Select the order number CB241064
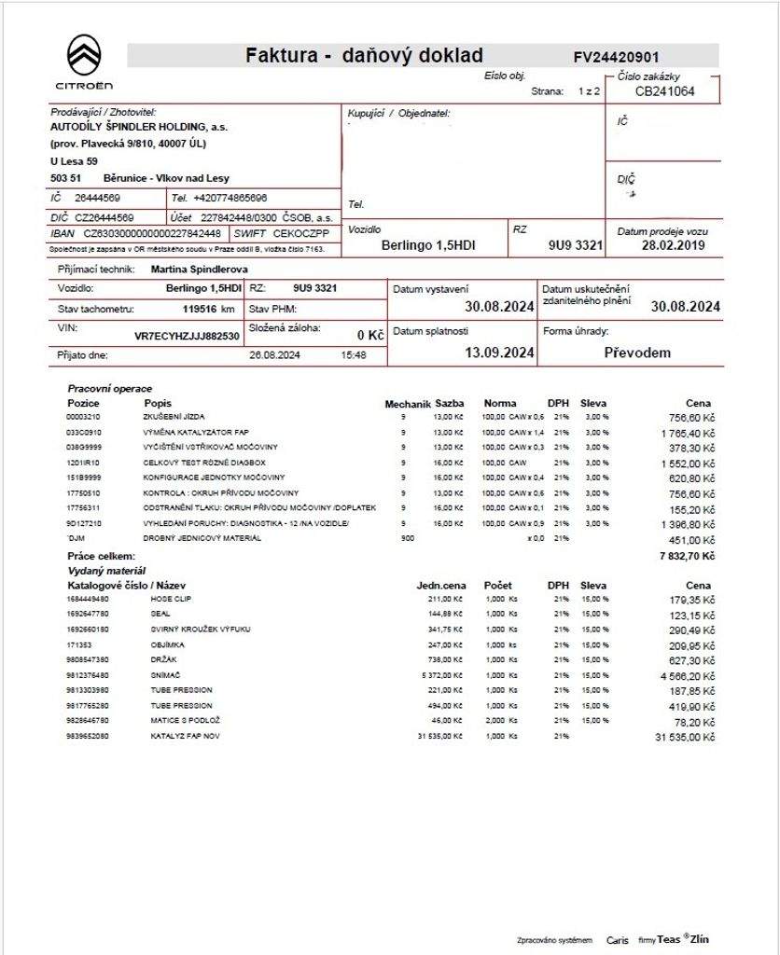[x=664, y=91]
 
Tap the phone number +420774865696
[x=230, y=199]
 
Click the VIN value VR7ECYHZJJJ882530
[x=187, y=335]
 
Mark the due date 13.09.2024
[x=499, y=353]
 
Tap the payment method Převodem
[x=637, y=353]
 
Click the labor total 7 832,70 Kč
[x=685, y=556]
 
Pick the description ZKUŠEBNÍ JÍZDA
[x=174, y=417]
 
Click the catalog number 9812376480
[x=88, y=675]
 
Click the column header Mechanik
[x=408, y=404]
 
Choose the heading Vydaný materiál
[x=106, y=570]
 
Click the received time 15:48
[x=354, y=355]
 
